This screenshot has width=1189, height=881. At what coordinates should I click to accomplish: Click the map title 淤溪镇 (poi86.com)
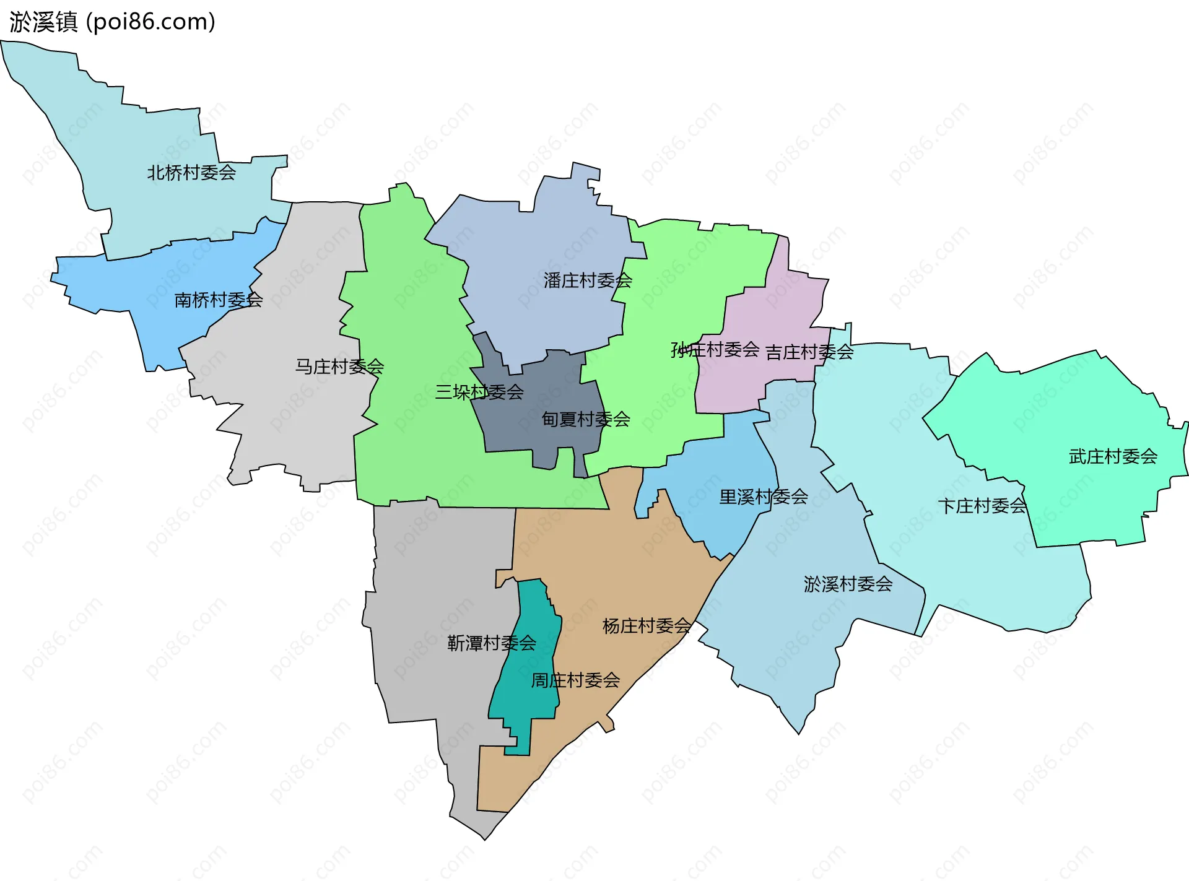tap(112, 22)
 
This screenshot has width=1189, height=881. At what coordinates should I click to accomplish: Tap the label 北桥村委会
tap(191, 173)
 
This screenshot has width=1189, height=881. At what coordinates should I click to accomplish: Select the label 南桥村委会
tap(219, 300)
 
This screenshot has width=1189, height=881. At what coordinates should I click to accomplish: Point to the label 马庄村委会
tap(339, 367)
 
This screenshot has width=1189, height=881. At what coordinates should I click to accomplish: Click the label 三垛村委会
tap(479, 392)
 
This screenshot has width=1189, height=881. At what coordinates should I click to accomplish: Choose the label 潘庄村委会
tap(588, 280)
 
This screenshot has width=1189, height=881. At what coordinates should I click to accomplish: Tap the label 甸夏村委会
tap(586, 419)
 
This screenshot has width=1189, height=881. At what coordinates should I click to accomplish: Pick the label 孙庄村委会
tap(715, 350)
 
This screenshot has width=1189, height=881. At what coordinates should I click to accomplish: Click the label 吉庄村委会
tap(809, 352)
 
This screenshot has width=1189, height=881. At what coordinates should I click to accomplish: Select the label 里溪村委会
tap(764, 497)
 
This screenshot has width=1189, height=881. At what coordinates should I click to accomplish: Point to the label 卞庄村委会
tap(982, 506)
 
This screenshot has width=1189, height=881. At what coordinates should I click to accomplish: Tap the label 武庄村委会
tap(1113, 456)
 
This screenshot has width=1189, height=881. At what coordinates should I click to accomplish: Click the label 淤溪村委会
tap(848, 584)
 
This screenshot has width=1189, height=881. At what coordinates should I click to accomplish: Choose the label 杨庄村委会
tap(647, 626)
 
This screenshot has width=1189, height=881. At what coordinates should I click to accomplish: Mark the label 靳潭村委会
tap(492, 643)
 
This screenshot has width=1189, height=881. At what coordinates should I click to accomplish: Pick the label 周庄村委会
tap(575, 680)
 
